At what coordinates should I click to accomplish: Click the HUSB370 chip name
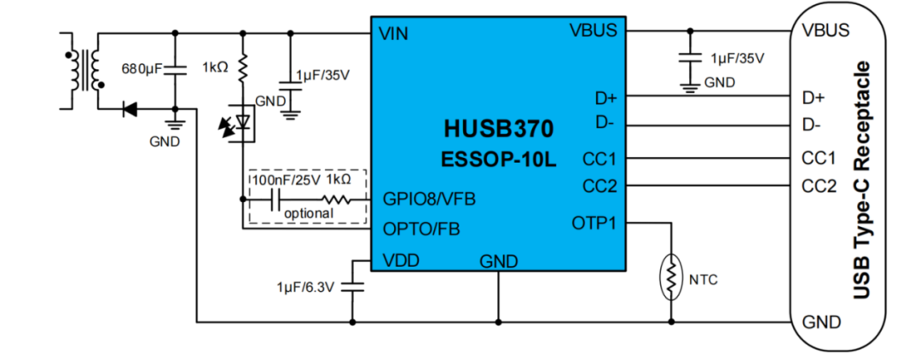[498, 129]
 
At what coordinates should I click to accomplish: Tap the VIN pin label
[393, 33]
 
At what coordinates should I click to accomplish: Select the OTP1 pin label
[594, 224]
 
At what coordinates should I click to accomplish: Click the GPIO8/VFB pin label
[429, 200]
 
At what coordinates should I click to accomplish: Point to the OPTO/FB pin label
[421, 229]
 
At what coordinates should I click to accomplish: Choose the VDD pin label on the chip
[400, 260]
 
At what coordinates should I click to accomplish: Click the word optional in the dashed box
[309, 214]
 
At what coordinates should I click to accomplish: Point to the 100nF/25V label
[286, 178]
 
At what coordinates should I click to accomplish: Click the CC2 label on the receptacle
[819, 187]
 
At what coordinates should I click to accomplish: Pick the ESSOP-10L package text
[498, 159]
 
